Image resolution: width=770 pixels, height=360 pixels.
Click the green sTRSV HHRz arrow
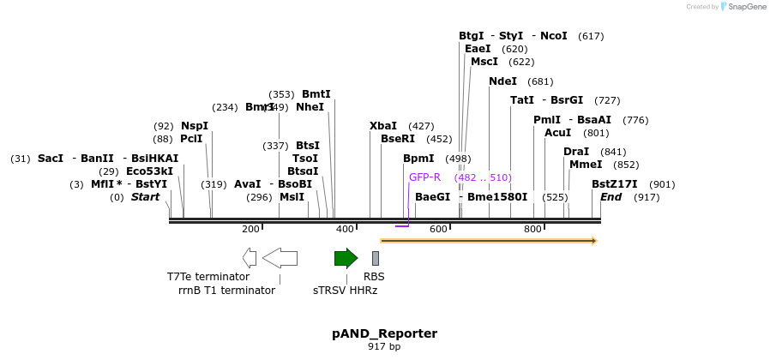pos(346,258)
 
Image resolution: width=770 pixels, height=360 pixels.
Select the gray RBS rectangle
pos(375,258)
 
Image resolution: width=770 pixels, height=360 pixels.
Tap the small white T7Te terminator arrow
pos(250,258)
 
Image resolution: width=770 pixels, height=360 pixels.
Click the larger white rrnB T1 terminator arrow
pos(280,258)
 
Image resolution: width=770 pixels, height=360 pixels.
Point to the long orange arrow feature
pos(488,241)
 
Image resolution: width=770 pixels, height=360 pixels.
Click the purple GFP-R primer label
pos(424,177)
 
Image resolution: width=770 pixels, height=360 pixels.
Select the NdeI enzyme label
pos(502,81)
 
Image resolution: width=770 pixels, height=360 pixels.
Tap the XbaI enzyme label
pos(383,126)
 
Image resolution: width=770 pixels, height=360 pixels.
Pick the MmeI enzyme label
pos(586,165)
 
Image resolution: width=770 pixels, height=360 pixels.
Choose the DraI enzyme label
pos(576,152)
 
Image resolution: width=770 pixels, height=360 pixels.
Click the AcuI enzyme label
pos(557,133)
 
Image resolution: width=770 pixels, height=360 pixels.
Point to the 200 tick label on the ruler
pos(250,230)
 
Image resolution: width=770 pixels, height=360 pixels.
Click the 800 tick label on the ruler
pos(532,230)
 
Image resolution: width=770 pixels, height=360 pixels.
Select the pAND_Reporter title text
pos(384,333)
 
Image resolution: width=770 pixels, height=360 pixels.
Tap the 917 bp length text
pos(384,347)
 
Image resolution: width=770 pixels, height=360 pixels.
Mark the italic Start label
pos(145,197)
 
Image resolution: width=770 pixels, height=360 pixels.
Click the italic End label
pos(611,197)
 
